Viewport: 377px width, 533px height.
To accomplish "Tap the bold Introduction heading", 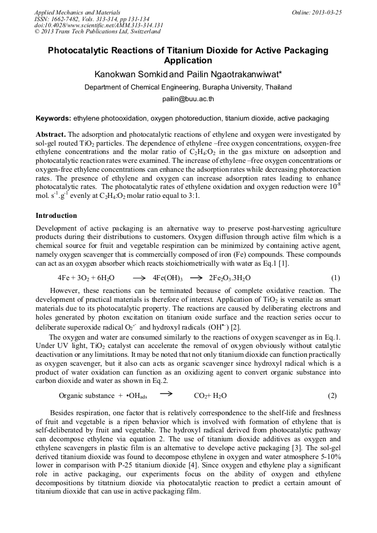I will [x=56, y=215].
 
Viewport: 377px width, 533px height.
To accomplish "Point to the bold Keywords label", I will [x=53, y=118].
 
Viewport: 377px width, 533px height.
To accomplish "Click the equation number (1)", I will [x=335, y=278].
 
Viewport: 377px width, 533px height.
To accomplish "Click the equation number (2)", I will [x=332, y=396].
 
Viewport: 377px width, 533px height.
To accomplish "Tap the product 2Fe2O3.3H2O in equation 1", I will [x=230, y=278].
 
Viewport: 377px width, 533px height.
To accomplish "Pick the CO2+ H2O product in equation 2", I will [x=210, y=396].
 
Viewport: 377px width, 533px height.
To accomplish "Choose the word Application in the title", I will [x=188, y=61].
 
